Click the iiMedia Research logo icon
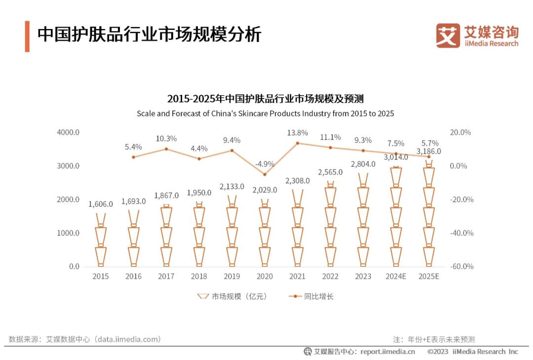(448, 36)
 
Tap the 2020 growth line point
(265, 174)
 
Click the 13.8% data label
(298, 133)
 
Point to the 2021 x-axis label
(298, 276)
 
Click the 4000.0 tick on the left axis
(68, 132)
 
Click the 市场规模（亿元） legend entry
(232, 296)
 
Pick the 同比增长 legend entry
(311, 296)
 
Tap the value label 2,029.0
(265, 190)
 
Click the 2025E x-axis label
(428, 276)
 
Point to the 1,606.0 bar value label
(101, 204)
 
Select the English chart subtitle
(266, 113)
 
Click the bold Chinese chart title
(266, 99)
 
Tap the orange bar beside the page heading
(27, 36)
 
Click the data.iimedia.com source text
(128, 339)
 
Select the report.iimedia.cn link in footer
(387, 352)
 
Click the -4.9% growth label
(265, 164)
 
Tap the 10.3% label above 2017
(166, 139)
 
